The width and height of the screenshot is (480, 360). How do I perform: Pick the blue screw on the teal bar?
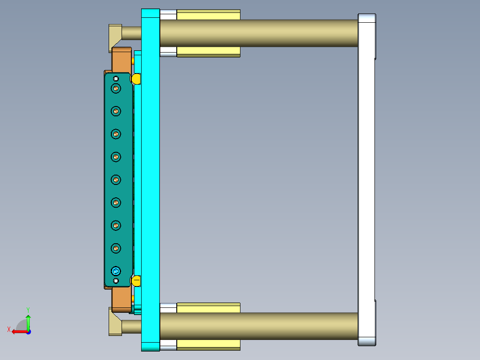click(x=116, y=270)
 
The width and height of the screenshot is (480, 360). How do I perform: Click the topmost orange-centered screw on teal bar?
click(x=116, y=88)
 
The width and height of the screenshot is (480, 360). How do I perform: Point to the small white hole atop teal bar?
click(x=116, y=79)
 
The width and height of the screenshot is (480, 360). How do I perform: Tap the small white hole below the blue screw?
click(x=116, y=281)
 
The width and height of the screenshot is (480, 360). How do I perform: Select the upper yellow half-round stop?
click(x=136, y=79)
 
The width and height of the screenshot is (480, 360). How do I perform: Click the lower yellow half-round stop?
click(x=136, y=281)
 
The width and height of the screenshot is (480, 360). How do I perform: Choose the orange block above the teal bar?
click(x=121, y=59)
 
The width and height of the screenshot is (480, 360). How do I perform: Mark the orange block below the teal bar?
click(x=121, y=299)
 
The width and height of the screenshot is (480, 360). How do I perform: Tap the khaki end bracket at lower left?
click(x=114, y=322)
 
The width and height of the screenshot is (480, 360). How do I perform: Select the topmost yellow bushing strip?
click(x=208, y=15)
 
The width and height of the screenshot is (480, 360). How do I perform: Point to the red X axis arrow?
click(x=18, y=331)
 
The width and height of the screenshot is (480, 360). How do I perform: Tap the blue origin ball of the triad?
click(x=28, y=331)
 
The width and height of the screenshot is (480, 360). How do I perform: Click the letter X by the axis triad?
click(x=8, y=329)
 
